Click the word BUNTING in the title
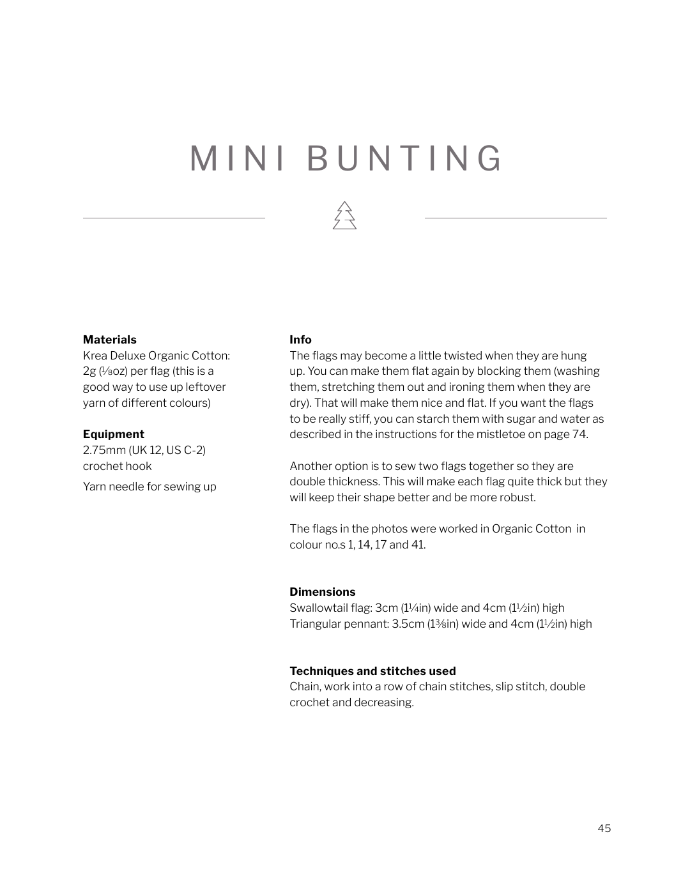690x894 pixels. [x=405, y=158]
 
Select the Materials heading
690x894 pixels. [x=109, y=340]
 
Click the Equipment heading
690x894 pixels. [x=113, y=434]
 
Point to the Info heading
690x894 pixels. [x=300, y=340]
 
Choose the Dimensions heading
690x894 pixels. [x=322, y=592]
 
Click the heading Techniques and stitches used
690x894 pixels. [x=372, y=671]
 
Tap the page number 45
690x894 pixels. [x=604, y=828]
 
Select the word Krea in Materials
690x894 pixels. [x=95, y=356]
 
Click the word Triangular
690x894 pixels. [x=316, y=624]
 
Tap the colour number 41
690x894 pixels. [x=418, y=545]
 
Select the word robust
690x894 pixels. [x=518, y=497]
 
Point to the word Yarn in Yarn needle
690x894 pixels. [x=94, y=487]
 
